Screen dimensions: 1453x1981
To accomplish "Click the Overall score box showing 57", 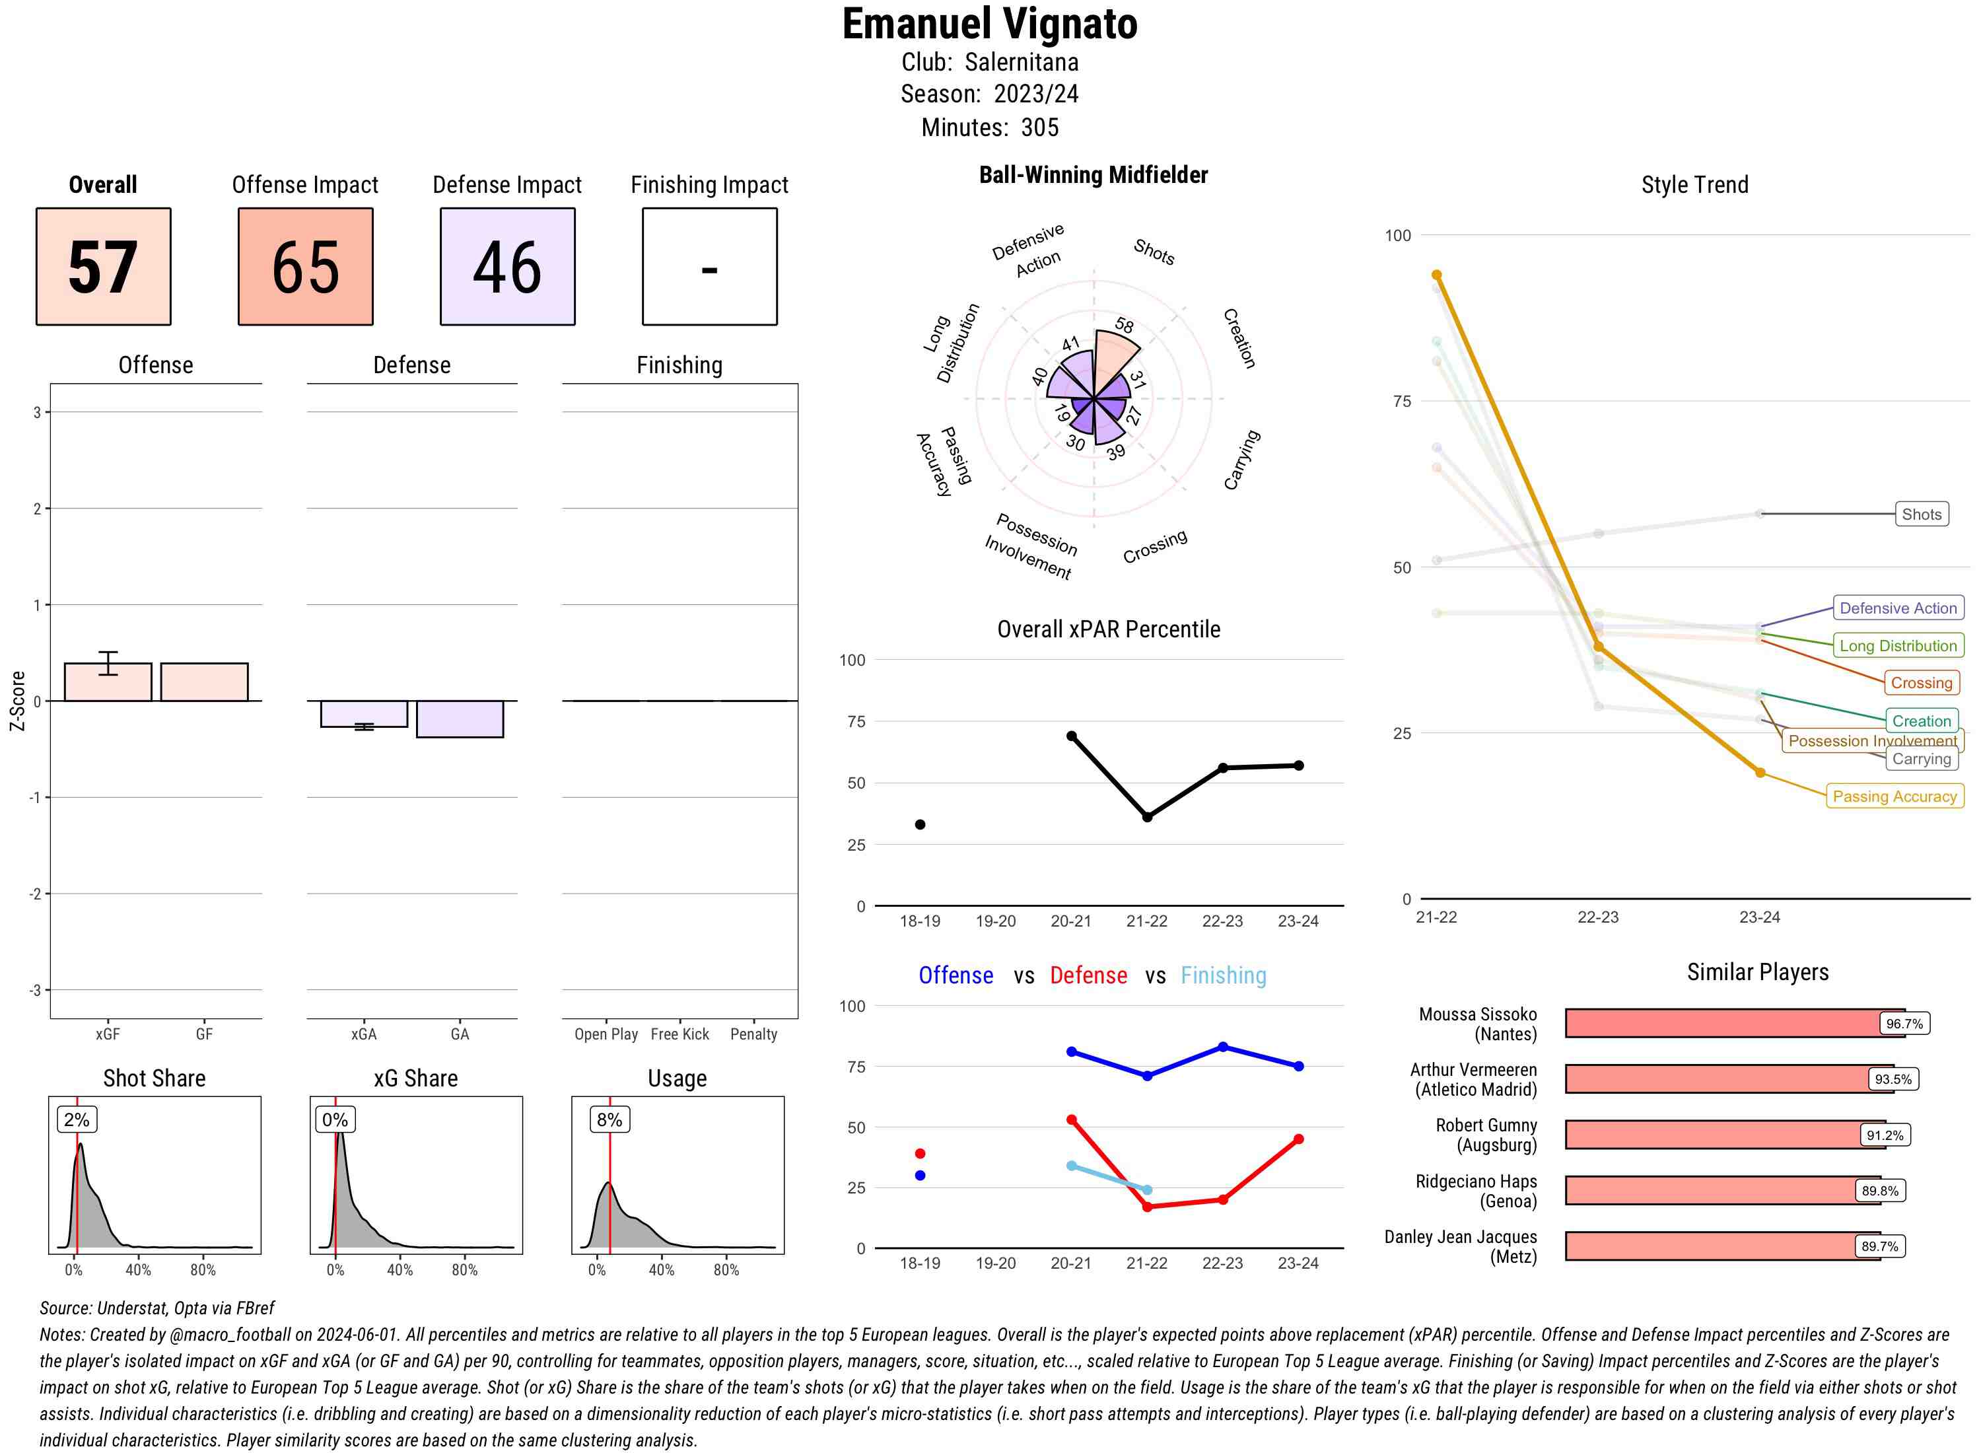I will [103, 267].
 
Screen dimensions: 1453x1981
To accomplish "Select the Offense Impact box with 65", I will [305, 267].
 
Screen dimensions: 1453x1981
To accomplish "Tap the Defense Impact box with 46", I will [507, 267].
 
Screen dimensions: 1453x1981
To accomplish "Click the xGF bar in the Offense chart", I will [108, 682].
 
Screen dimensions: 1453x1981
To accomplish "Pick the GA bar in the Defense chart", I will [460, 719].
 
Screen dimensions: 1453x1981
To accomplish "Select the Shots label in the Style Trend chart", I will [1921, 514].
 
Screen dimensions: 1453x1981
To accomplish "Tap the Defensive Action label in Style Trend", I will [1898, 608].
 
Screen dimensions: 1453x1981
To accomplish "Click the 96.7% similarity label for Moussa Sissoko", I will [1904, 1024].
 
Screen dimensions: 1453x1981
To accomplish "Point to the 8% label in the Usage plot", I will [609, 1119].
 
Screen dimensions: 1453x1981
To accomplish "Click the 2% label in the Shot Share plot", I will [77, 1119].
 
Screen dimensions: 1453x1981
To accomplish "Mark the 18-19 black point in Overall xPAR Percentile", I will [920, 824].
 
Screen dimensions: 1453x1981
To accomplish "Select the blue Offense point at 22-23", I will [1223, 1047].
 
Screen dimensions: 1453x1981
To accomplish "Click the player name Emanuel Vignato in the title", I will [990, 24].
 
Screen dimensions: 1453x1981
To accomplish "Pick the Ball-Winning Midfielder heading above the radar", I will [1093, 175].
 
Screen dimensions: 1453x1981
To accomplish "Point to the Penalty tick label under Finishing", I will [753, 1034].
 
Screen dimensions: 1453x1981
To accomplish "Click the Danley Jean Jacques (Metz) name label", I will [1461, 1246].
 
